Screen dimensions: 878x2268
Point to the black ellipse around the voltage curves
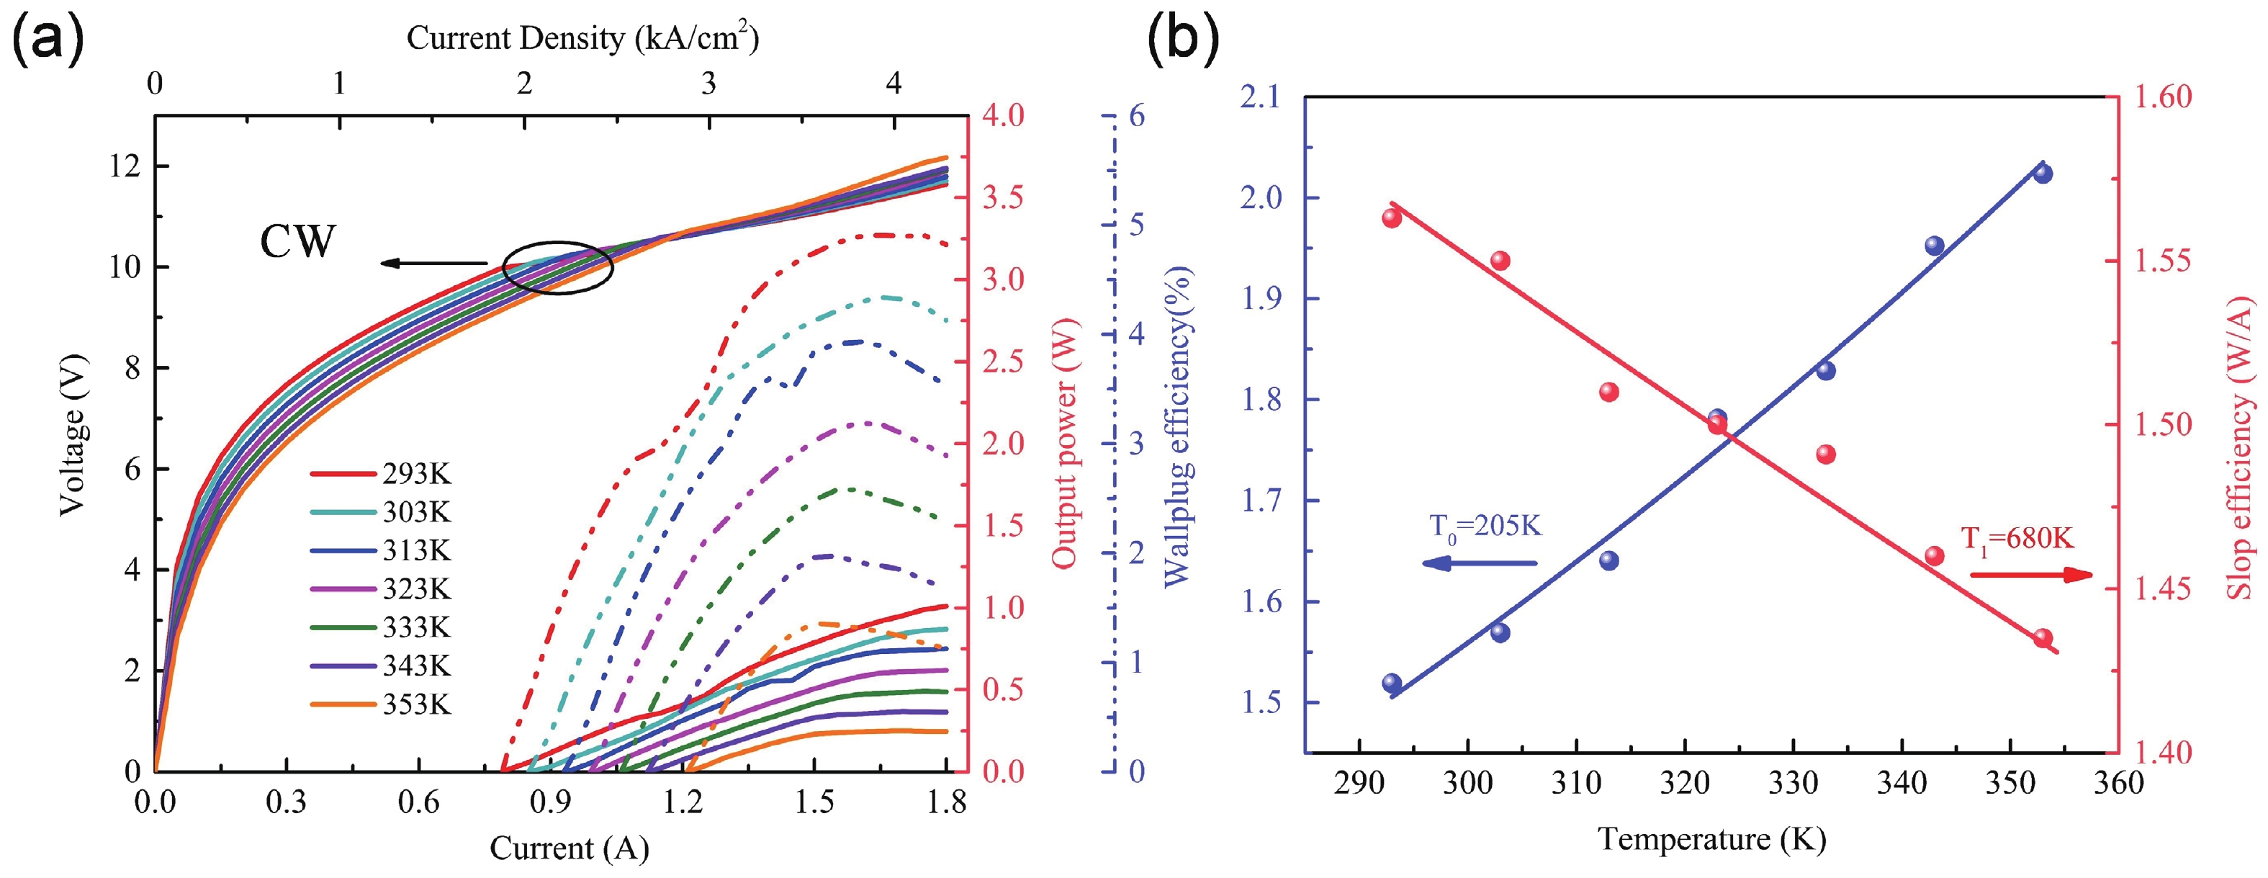click(x=557, y=266)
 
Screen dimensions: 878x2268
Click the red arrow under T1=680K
click(x=2030, y=575)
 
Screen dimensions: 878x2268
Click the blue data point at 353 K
click(x=2043, y=174)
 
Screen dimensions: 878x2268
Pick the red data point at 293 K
click(x=1392, y=218)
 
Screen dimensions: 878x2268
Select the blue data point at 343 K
click(x=1935, y=246)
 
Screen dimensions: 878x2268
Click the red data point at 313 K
click(x=1609, y=392)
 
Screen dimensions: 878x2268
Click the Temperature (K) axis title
click(x=1711, y=838)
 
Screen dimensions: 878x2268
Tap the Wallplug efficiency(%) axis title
click(x=1178, y=427)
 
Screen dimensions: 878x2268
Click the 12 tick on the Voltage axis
click(x=124, y=166)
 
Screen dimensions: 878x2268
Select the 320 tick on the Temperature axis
click(x=1684, y=782)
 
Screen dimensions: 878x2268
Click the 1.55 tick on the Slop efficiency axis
click(x=2162, y=261)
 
